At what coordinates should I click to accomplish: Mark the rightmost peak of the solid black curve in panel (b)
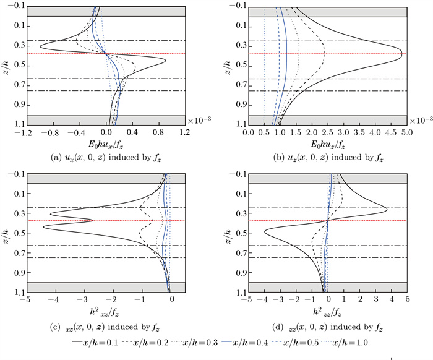pyautogui.click(x=402, y=54)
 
